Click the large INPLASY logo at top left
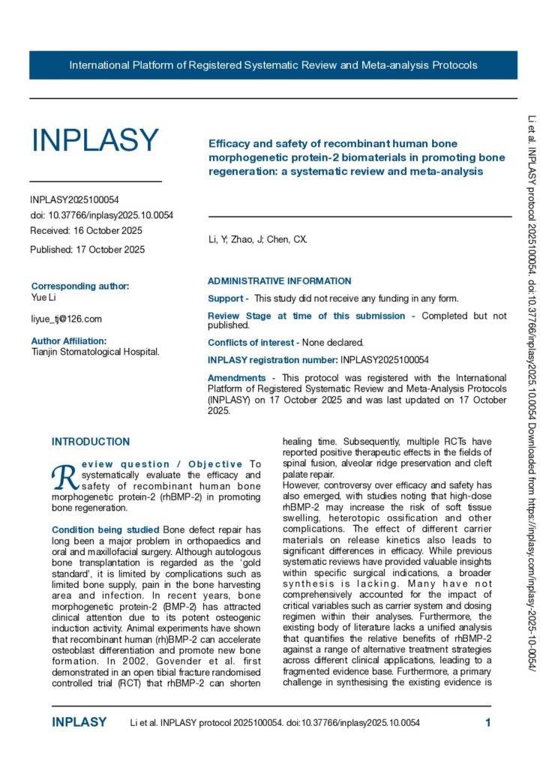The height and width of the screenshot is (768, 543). click(94, 140)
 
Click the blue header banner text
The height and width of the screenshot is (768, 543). click(273, 65)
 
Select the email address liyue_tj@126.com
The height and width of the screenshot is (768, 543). click(66, 319)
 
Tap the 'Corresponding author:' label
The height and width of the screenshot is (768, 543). click(80, 286)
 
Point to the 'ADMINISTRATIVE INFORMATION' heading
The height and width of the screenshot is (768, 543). click(279, 281)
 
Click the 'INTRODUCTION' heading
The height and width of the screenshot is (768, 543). click(91, 442)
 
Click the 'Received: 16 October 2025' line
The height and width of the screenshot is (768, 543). click(86, 231)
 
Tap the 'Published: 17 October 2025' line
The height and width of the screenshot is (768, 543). click(88, 249)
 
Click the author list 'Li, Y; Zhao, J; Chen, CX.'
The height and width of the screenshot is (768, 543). click(257, 240)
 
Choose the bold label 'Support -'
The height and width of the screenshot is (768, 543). click(228, 298)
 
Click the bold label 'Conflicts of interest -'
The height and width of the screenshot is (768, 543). click(253, 342)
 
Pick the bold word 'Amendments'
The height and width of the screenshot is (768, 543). click(236, 378)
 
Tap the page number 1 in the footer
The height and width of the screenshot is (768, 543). click(488, 723)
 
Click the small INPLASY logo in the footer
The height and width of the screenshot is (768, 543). click(79, 723)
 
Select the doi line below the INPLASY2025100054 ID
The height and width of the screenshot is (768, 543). click(101, 215)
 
